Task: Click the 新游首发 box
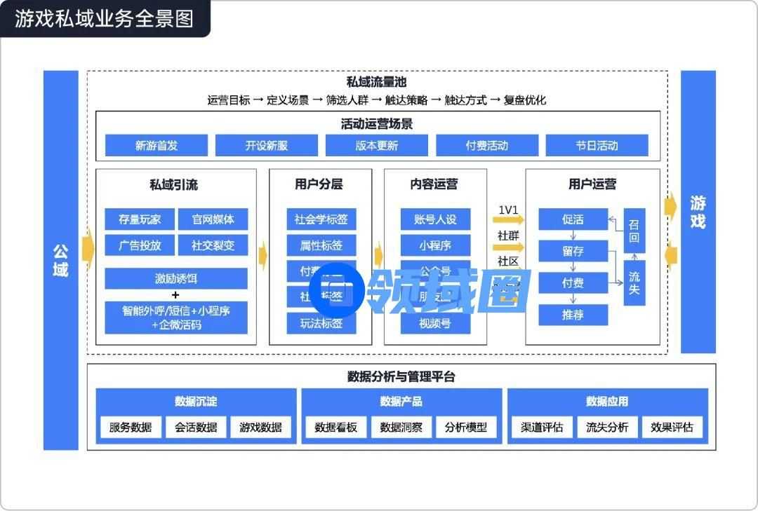tap(157, 146)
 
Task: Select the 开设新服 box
tap(267, 146)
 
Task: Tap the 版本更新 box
tap(377, 146)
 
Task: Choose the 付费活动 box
tap(487, 146)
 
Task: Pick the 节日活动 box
tap(597, 146)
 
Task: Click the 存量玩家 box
tap(140, 219)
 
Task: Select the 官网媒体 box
tap(213, 219)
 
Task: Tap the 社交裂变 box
tap(213, 245)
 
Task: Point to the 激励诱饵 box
tap(176, 278)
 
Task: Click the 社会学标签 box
tap(321, 219)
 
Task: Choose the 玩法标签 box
tap(321, 323)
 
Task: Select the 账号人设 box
tap(435, 219)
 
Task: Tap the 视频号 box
tap(435, 323)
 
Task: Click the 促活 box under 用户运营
tap(573, 219)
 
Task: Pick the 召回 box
tap(634, 231)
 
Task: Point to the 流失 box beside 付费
tap(634, 282)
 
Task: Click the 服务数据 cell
tap(131, 427)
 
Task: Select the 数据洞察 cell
tap(401, 427)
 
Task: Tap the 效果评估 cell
tap(672, 427)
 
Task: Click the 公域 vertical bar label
tap(60, 260)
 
